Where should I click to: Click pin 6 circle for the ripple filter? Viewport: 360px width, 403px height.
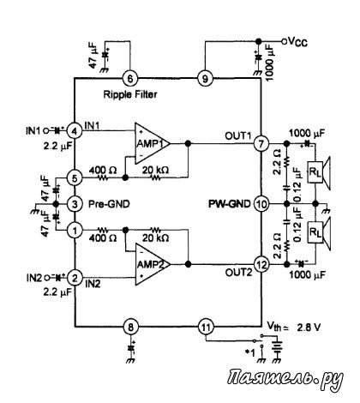pos(130,78)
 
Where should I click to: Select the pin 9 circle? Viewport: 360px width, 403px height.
pos(205,78)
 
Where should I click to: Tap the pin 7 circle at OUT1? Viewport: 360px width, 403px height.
pos(261,143)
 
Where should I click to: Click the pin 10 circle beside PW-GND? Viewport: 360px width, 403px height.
pos(261,204)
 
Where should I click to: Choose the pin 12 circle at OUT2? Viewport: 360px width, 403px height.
pos(261,265)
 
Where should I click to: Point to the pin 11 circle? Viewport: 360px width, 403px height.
pos(206,327)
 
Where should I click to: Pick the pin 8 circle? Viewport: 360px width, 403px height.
pos(130,327)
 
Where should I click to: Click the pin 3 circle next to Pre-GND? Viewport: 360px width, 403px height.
pos(75,204)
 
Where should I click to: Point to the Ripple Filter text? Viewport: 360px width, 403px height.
pos(130,94)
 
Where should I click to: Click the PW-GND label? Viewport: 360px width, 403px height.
pos(230,204)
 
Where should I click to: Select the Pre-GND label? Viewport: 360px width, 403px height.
pos(109,204)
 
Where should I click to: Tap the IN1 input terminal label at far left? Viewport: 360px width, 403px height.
pos(33,131)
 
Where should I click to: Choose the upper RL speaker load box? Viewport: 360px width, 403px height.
pos(315,172)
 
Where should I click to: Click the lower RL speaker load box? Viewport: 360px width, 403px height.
pos(315,232)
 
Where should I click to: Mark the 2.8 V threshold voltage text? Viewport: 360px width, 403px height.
pos(309,328)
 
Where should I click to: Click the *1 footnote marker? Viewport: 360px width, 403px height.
pos(249,353)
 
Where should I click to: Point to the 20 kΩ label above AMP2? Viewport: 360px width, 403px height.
pos(155,238)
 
